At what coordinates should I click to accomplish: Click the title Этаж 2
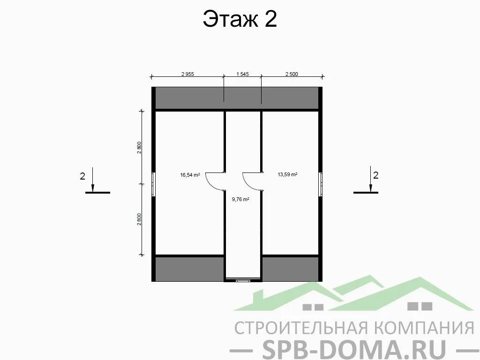point(240,19)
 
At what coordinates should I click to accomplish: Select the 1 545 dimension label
point(242,74)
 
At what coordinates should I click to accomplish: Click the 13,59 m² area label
point(287,174)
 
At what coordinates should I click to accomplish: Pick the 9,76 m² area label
point(240,199)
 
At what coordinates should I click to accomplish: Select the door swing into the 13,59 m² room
point(252,180)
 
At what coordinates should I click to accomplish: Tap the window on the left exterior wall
point(153,184)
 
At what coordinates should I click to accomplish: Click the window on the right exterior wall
point(321,184)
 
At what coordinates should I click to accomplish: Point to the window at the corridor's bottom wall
point(243,281)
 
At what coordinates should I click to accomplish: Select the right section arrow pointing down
point(370,180)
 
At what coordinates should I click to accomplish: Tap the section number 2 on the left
point(82,176)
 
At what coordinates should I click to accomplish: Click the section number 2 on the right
point(375,175)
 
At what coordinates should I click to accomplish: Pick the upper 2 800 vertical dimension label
point(139,147)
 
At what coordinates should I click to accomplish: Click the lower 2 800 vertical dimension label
point(139,219)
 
